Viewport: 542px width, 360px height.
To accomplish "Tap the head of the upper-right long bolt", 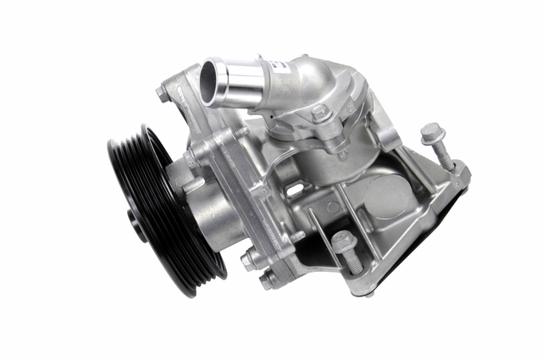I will [x=431, y=134].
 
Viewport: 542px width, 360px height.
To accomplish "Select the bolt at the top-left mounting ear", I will [x=163, y=93].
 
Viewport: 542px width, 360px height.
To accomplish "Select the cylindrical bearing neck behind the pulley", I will [x=216, y=216].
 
